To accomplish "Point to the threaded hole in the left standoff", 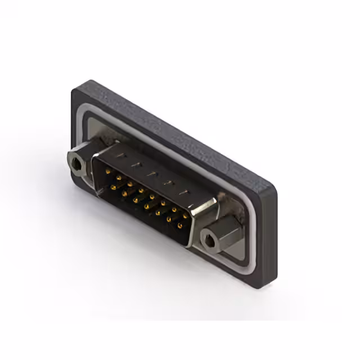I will pyautogui.click(x=75, y=164).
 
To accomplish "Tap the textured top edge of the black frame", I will pyautogui.click(x=180, y=132).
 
